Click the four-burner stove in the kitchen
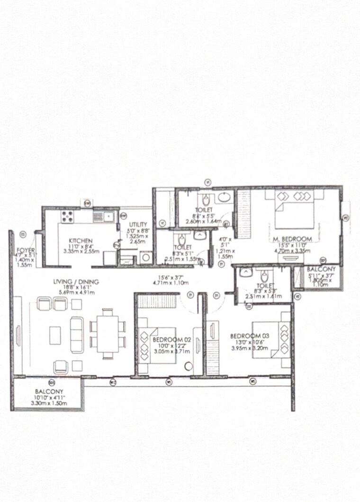click(x=67, y=217)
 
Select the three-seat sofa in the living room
click(x=76, y=327)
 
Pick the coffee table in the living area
click(x=55, y=336)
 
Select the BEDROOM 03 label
click(x=245, y=336)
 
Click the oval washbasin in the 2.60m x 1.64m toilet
click(x=224, y=198)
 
